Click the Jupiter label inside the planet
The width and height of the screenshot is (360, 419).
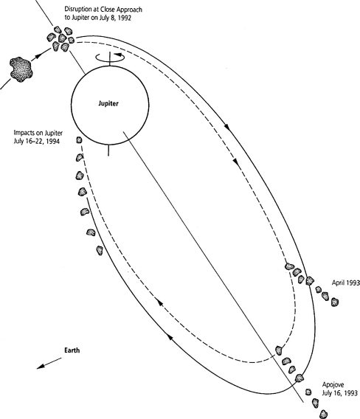(108, 104)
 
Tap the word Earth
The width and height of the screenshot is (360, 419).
(72, 350)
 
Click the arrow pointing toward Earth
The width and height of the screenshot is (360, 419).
(49, 363)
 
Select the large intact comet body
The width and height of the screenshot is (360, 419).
(21, 69)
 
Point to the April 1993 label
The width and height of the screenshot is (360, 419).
(346, 283)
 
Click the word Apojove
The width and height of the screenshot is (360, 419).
(333, 385)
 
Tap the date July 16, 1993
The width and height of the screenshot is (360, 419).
(339, 393)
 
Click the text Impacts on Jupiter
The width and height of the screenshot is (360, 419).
(38, 133)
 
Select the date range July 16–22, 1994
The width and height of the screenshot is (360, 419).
(36, 141)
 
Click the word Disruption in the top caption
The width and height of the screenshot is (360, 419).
(78, 10)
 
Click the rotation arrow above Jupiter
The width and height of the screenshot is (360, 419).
(111, 57)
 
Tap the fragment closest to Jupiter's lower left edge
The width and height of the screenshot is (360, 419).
(79, 139)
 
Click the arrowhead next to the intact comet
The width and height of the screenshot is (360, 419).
(38, 56)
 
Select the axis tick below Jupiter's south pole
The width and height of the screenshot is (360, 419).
(108, 150)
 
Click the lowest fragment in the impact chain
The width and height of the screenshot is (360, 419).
(100, 250)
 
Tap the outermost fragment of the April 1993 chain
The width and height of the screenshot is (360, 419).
(335, 302)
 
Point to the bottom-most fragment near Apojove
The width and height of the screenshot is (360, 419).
(324, 414)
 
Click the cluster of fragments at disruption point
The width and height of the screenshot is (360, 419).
(60, 39)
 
